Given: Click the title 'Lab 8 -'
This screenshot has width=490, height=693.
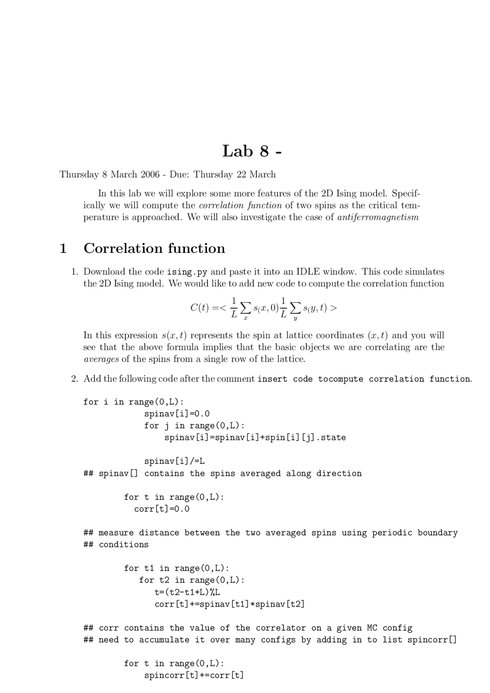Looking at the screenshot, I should [x=252, y=151].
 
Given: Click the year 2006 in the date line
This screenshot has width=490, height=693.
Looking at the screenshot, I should [x=150, y=174].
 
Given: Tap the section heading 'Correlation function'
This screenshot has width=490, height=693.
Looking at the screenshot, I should [x=154, y=248].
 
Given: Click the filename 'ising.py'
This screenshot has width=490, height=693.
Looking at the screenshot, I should [x=187, y=272].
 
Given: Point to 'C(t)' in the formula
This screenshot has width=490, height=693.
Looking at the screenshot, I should [x=199, y=308].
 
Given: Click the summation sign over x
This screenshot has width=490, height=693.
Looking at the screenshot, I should [x=246, y=307].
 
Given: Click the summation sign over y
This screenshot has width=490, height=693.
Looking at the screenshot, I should [x=295, y=307].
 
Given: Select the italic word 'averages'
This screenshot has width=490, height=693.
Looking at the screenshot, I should [x=101, y=359].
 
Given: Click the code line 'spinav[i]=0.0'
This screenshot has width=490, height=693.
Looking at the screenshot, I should [x=176, y=414].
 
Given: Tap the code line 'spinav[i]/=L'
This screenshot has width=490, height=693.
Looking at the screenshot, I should [x=174, y=461].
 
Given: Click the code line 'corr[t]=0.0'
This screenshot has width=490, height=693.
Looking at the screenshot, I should [x=162, y=509].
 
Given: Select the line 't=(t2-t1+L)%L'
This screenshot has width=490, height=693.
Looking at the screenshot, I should [x=187, y=592].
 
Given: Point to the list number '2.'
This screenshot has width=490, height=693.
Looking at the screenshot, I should [x=75, y=379].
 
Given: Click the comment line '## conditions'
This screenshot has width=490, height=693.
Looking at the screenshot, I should [x=116, y=545].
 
